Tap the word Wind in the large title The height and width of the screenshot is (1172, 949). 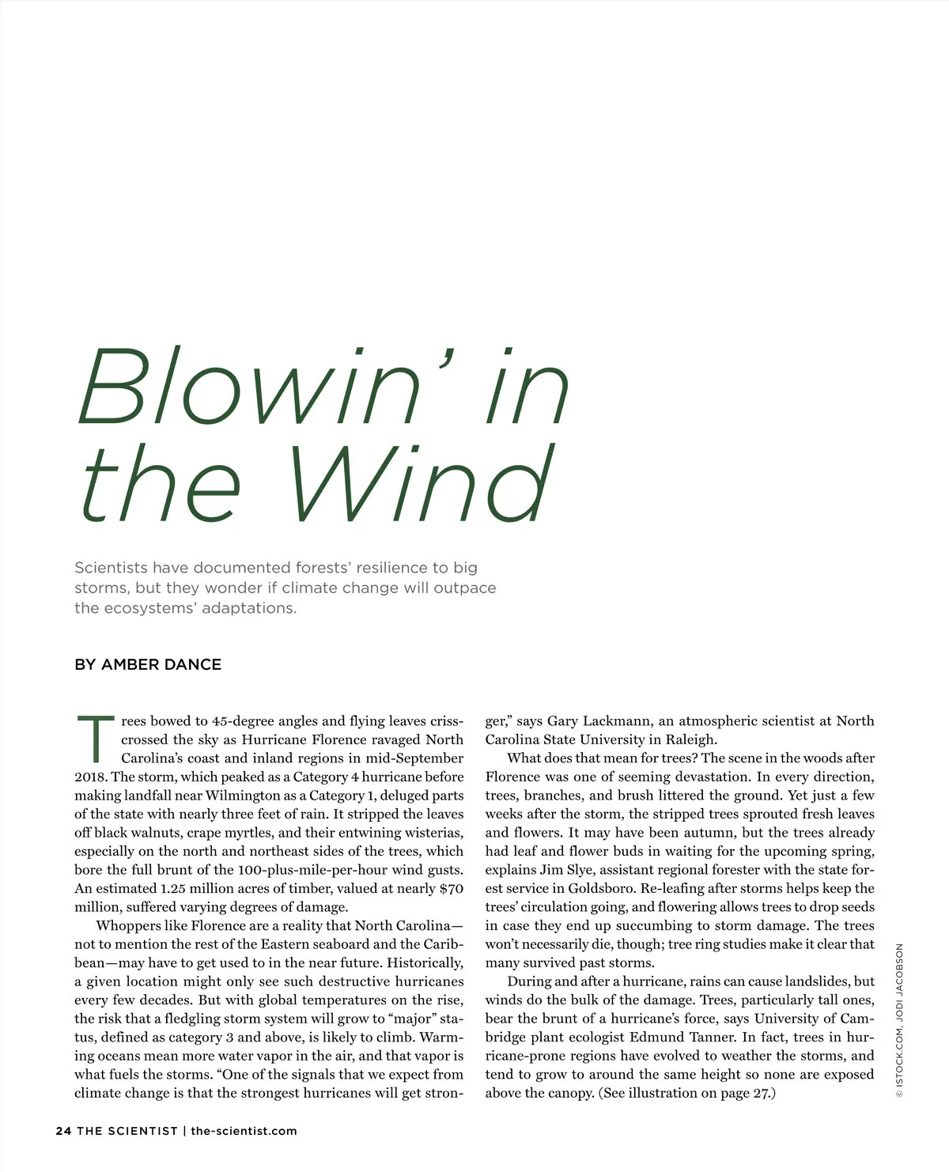(419, 483)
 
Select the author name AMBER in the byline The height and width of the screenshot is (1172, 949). (132, 664)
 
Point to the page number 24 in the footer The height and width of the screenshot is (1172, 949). (63, 1131)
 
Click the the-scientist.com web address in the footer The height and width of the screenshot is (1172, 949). (244, 1131)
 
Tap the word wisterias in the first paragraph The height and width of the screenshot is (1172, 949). (433, 833)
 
